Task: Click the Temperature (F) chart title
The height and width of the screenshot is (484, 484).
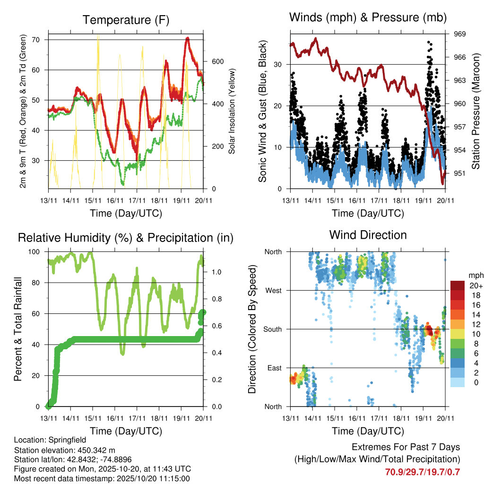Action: [126, 20]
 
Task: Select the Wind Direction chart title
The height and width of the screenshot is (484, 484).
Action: [368, 234]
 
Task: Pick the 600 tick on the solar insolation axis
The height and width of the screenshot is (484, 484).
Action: [217, 62]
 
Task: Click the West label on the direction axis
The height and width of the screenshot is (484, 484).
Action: [273, 290]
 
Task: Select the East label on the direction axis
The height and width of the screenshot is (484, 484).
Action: [274, 368]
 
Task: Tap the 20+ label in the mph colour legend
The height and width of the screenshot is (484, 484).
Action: [475, 285]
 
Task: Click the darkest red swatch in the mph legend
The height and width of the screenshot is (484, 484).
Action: [458, 285]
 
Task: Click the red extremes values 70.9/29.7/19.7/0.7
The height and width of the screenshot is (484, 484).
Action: [423, 472]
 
